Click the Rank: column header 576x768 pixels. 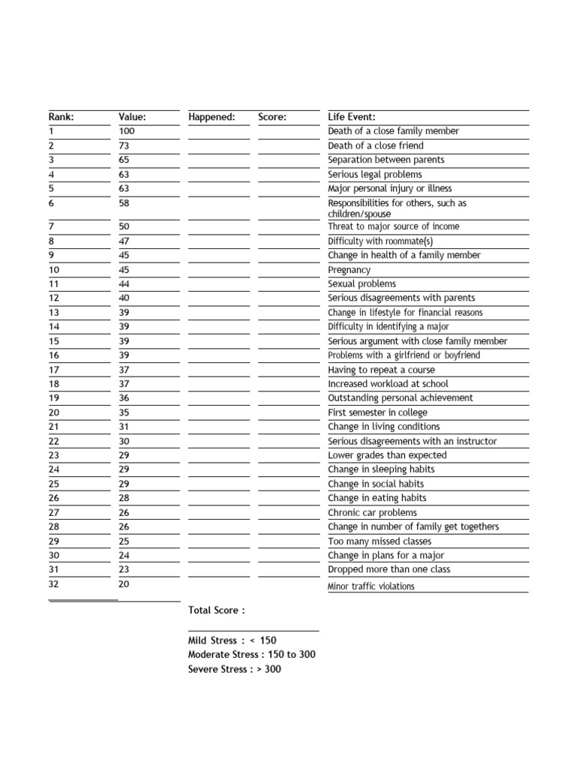pos(61,117)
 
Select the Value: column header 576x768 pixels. pos(132,117)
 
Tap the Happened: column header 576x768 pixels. pos(211,117)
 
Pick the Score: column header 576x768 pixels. pos(272,117)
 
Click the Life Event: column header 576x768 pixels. pos(352,117)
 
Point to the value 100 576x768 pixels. pos(127,131)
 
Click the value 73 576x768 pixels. pos(124,145)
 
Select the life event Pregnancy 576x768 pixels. pos(349,270)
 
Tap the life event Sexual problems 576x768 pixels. pos(362,284)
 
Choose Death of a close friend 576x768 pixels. pos(376,145)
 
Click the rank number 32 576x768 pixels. pos(54,584)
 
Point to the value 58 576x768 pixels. pos(124,203)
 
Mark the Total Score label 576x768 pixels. pos(217,610)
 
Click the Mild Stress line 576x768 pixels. pos(232,640)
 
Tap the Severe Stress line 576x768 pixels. pos(235,669)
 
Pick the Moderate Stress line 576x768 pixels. pos(252,655)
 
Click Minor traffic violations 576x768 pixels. pos(371,586)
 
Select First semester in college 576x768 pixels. pos(378,412)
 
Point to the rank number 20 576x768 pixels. pos(54,412)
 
